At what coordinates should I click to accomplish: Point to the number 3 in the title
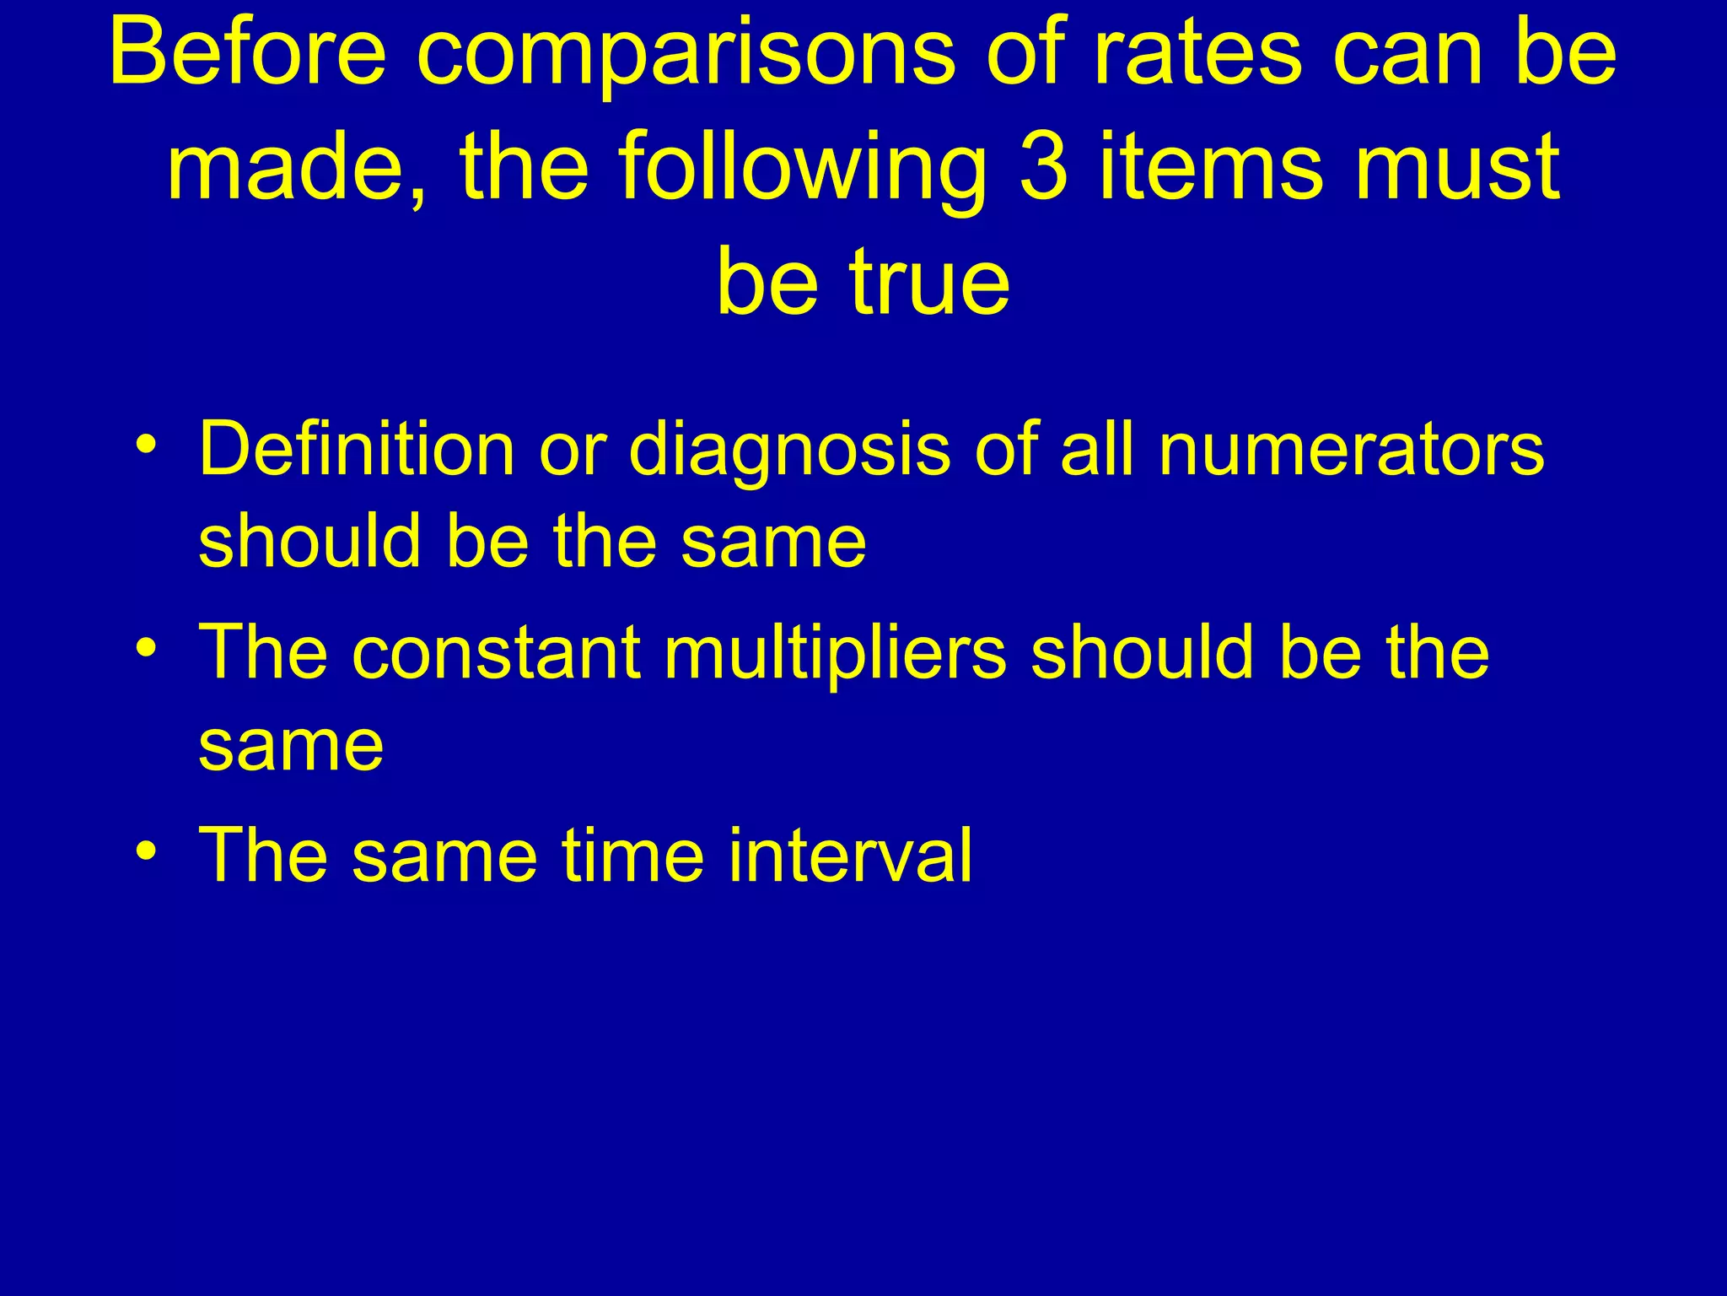[x=1043, y=167]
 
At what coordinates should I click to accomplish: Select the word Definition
[x=357, y=449]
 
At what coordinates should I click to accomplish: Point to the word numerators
[x=1352, y=450]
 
